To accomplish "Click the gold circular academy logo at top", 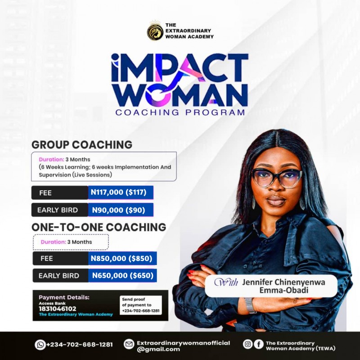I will (155, 32).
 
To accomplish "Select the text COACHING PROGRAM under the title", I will (180, 112).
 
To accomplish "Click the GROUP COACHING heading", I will (82, 144).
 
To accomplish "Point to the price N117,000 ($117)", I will (121, 193).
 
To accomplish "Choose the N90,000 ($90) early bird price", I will (121, 210).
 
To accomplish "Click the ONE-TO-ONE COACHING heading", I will (99, 227).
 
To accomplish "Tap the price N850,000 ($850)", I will (122, 258).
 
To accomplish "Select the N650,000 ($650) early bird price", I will (122, 275).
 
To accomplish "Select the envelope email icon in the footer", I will (129, 345).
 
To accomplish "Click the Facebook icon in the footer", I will (258, 344).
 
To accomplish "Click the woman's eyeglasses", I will (276, 177).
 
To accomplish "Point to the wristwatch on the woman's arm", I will (250, 305).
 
